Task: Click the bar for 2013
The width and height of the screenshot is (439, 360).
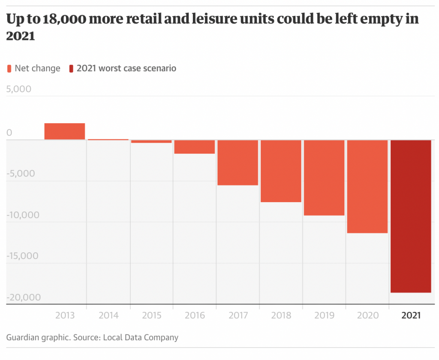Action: [65, 131]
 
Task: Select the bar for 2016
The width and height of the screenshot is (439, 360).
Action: [194, 147]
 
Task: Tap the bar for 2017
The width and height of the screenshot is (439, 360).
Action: [238, 163]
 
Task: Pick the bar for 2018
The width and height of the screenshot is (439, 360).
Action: [281, 171]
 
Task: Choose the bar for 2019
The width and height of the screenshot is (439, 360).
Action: [324, 178]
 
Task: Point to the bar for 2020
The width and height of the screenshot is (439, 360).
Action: [367, 187]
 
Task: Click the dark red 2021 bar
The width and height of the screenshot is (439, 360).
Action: [411, 216]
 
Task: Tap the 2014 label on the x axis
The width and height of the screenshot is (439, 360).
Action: [108, 315]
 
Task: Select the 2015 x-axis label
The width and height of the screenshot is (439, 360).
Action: [151, 315]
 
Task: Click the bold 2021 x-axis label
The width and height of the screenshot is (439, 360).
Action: [411, 315]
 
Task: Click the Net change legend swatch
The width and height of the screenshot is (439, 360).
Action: [10, 69]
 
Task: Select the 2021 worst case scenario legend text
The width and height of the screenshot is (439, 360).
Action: [126, 68]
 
